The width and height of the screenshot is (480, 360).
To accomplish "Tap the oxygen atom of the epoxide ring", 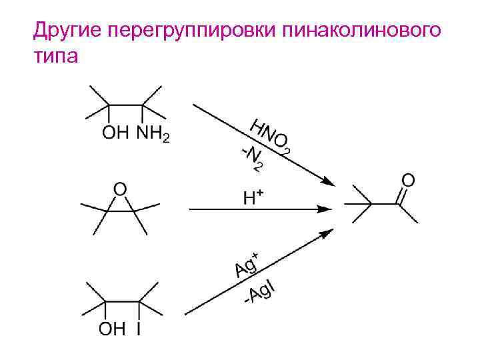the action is (119, 189).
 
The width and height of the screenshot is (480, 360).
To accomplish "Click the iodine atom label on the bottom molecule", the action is (138, 330).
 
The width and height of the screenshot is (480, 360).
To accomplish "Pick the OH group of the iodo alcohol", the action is (111, 330).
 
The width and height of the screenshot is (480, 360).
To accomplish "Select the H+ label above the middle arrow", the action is (253, 197).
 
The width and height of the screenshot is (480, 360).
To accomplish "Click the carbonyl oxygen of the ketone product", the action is (408, 179).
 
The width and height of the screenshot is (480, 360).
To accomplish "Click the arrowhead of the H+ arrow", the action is (327, 209).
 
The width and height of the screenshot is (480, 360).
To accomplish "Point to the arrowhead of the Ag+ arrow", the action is (327, 233).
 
